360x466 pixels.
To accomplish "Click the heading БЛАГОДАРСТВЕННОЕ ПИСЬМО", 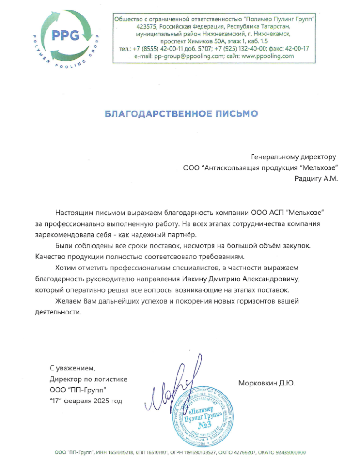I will click(181, 112).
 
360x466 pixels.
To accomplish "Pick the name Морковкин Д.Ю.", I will click(267, 383).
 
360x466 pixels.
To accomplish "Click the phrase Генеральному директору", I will click(293, 157).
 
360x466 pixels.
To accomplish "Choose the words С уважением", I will click(73, 368).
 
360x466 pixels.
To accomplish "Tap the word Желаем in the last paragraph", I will click(68, 301).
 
